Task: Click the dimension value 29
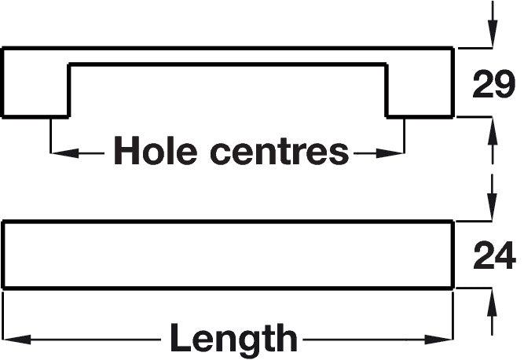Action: [494, 84]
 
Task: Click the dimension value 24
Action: [495, 255]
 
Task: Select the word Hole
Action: [156, 150]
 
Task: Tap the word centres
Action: [280, 152]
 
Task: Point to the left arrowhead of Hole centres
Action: [65, 153]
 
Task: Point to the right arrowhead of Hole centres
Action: [390, 153]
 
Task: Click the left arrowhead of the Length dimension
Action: [17, 340]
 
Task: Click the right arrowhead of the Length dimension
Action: [439, 340]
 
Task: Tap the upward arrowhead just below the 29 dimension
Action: [493, 131]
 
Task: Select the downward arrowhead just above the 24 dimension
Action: [493, 207]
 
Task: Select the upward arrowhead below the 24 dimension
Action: [493, 302]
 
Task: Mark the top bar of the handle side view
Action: [228, 56]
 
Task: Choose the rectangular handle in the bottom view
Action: [228, 255]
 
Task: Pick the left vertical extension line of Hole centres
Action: [50, 136]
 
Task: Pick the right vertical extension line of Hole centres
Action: [405, 136]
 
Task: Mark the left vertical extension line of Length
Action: [3, 316]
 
